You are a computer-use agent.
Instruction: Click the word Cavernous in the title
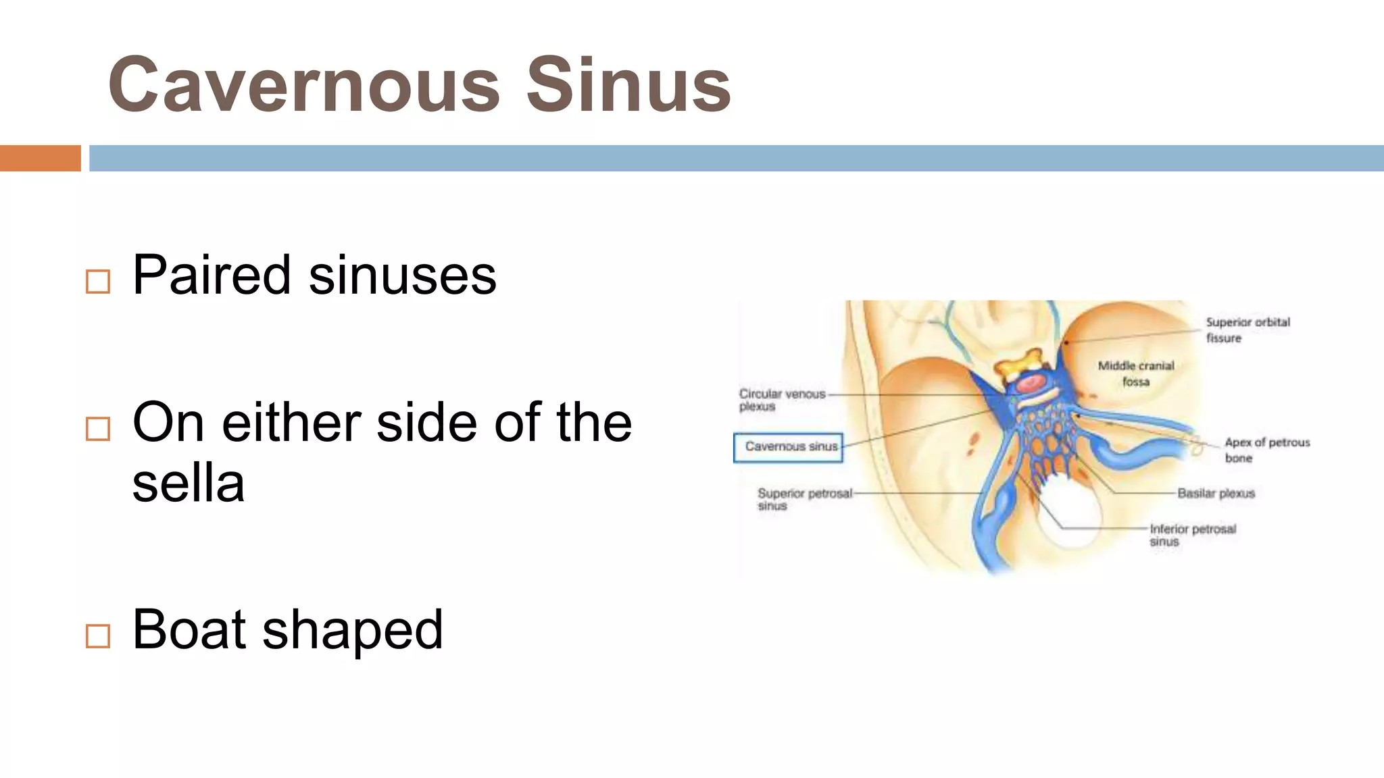click(304, 86)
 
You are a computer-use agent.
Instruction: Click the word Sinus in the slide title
click(628, 86)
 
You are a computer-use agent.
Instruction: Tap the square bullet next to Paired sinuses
click(98, 281)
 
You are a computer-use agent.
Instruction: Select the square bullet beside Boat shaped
click(98, 636)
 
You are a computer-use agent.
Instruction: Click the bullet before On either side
click(98, 428)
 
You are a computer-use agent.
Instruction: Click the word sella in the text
click(188, 484)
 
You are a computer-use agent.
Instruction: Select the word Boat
click(189, 629)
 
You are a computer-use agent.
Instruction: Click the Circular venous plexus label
click(781, 400)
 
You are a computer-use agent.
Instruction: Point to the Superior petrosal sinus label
click(804, 499)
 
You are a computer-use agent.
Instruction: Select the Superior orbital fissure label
click(1247, 330)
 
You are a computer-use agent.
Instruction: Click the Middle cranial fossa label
click(1135, 373)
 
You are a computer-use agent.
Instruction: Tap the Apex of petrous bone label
click(1266, 450)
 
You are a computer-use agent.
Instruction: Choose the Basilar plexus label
click(1215, 494)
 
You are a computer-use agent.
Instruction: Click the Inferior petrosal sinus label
click(1192, 535)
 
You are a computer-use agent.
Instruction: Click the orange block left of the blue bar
click(40, 158)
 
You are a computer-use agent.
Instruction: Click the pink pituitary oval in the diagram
click(1031, 384)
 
